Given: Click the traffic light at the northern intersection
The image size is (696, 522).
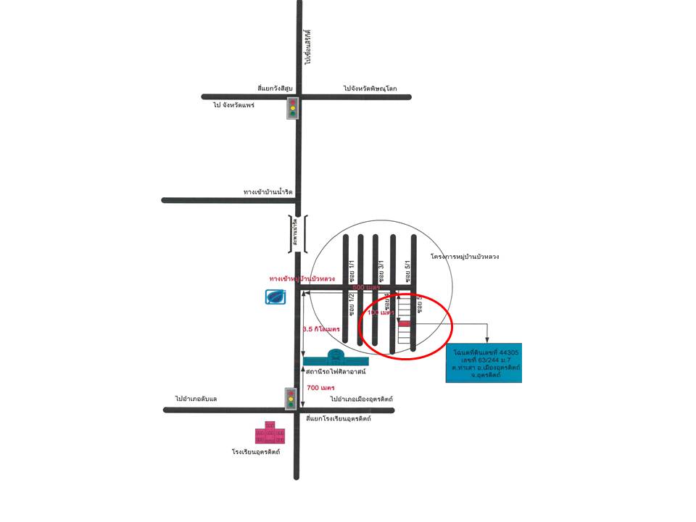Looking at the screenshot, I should (x=293, y=107).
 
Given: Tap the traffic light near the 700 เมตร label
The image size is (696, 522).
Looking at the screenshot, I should (x=291, y=398).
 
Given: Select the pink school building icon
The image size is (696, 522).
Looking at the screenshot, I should (x=270, y=433).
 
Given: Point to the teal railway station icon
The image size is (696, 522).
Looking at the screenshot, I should (x=336, y=358).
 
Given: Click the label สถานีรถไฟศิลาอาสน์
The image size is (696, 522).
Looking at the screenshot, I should (x=336, y=371).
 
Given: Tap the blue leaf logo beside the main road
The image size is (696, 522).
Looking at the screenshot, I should (x=275, y=296).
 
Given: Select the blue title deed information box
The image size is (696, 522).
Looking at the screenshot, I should (x=484, y=363).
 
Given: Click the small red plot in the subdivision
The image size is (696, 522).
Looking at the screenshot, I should (x=404, y=324).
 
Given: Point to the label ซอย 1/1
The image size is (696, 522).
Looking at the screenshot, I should (x=352, y=271).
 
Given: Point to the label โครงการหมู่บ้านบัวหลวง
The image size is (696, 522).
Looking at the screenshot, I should (x=464, y=257).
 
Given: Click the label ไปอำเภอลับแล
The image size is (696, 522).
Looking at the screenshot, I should (x=195, y=399).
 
